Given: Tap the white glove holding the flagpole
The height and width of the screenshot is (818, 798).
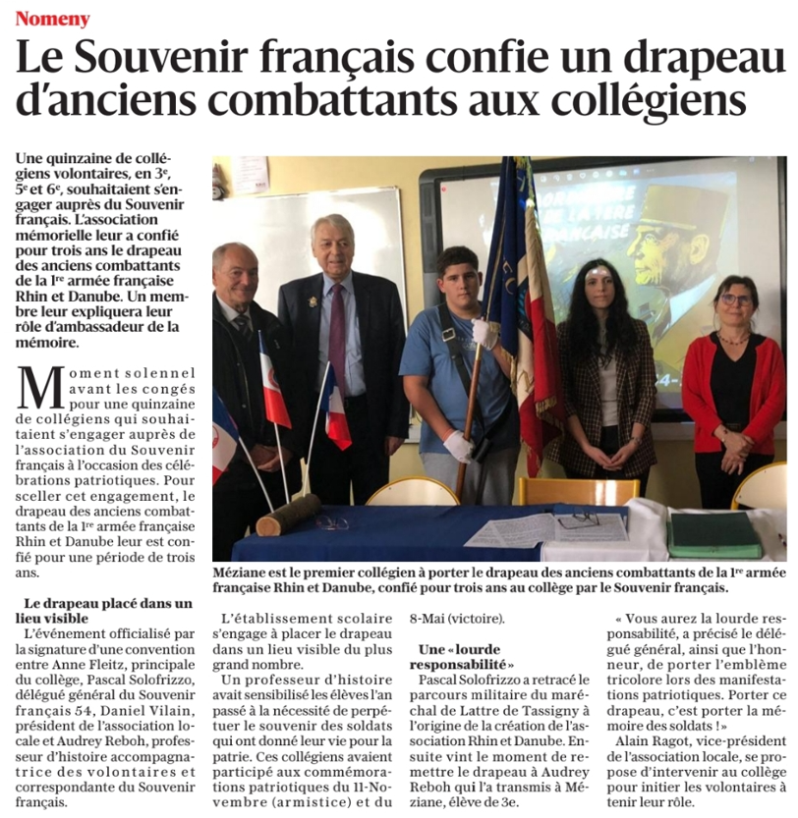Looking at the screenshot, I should [x=484, y=333].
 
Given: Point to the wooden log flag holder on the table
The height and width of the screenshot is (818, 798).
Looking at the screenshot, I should [x=288, y=514].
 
